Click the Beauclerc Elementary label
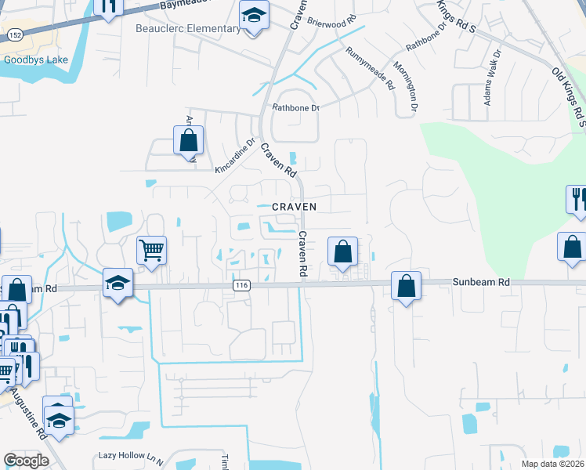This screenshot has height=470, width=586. tap(189, 29)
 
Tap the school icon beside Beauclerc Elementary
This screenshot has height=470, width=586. tap(253, 16)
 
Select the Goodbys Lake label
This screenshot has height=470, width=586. tap(36, 60)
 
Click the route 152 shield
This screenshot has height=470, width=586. tap(16, 35)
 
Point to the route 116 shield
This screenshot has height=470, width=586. tap(241, 287)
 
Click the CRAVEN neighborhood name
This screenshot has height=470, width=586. tap(294, 207)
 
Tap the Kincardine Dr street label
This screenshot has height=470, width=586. tap(236, 156)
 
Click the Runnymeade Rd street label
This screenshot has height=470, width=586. tap(368, 69)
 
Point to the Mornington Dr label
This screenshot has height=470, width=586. tap(405, 85)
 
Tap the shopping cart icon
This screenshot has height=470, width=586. tap(152, 251)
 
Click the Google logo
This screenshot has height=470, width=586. tap(26, 461)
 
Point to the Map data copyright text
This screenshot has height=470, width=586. tap(553, 464)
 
